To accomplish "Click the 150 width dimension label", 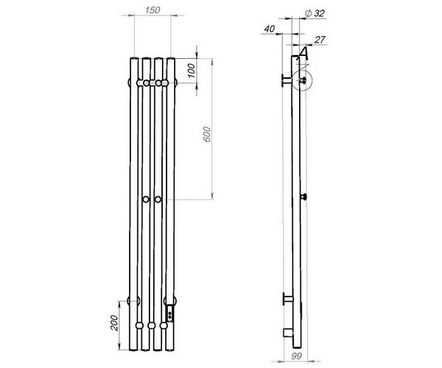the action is [x=152, y=10].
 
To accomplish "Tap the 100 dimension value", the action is [x=191, y=71].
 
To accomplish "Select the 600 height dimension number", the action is [x=207, y=134].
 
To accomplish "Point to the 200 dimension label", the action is [x=114, y=323].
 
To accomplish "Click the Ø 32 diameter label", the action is [x=315, y=13].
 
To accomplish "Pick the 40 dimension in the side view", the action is [x=270, y=29].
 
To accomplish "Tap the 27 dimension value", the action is [x=320, y=40].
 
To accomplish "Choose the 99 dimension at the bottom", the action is [x=296, y=356].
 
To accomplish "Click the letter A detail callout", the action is [x=304, y=54].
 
